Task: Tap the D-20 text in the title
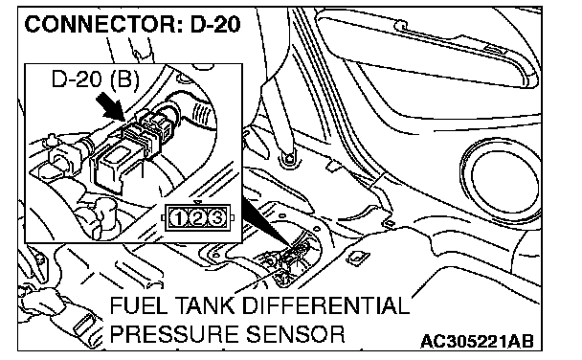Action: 215,25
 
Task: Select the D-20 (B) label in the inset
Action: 96,79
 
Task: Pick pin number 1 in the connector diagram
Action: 178,217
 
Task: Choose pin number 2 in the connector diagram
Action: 197,217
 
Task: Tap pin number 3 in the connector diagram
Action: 217,217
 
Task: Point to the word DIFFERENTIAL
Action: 325,305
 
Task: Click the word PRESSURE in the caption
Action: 174,333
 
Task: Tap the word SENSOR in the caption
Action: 296,333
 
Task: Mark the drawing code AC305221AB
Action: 477,341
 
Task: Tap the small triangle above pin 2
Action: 198,202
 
